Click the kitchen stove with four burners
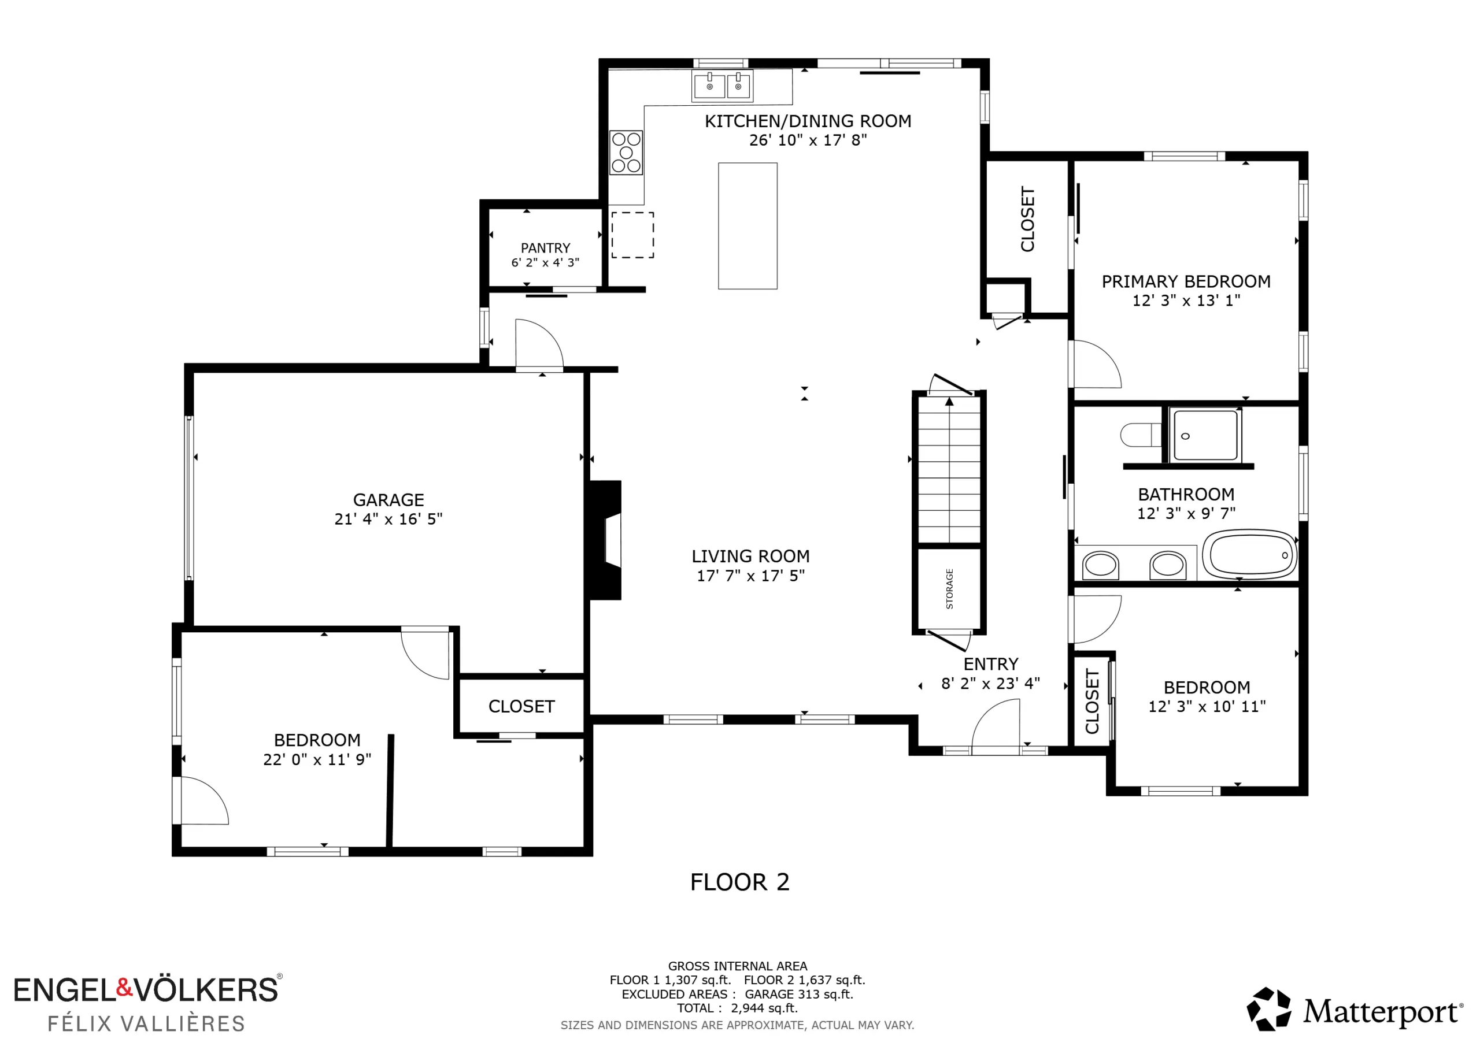point(626,153)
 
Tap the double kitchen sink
point(723,86)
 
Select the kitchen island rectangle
point(748,225)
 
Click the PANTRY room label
point(545,248)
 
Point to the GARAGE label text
point(388,500)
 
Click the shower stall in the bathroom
point(1205,435)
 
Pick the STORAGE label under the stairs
point(949,588)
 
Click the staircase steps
point(949,469)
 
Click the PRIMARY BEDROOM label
point(1186,281)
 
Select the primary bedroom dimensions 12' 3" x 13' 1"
point(1186,301)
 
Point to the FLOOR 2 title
point(740,882)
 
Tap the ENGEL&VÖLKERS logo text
point(146,990)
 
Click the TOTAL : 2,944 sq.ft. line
point(738,1008)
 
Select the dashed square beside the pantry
point(632,235)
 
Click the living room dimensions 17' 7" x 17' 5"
point(751,576)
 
